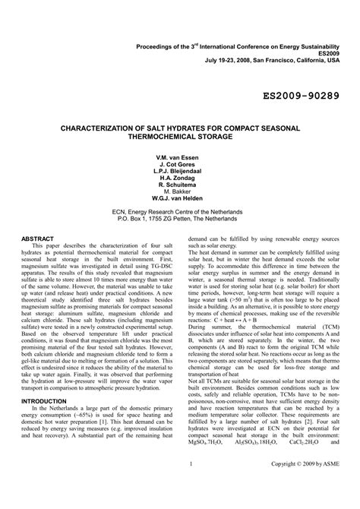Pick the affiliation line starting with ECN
[179, 217]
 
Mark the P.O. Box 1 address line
[179, 225]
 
